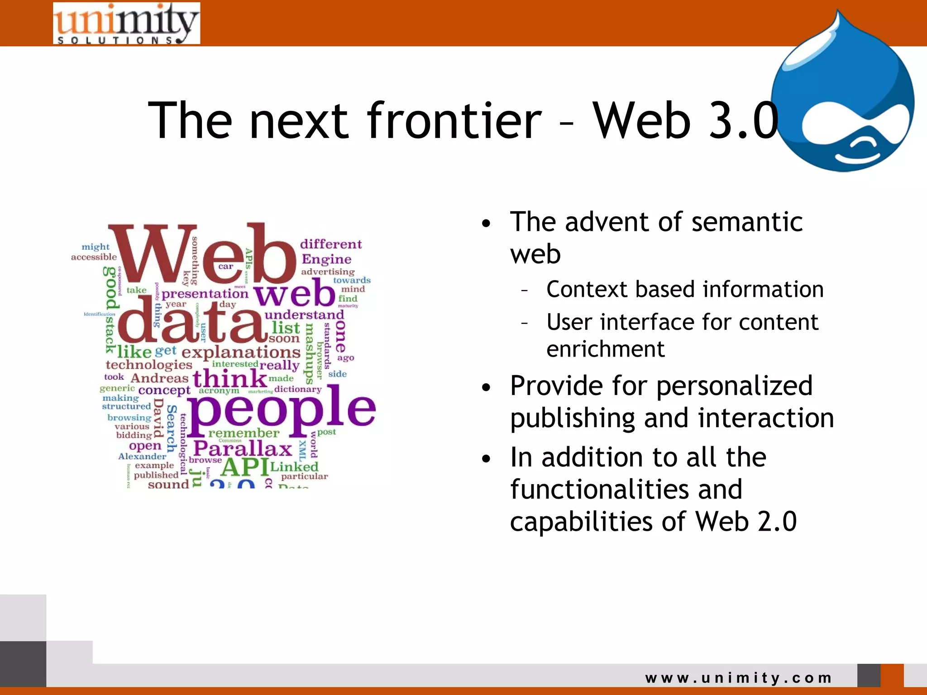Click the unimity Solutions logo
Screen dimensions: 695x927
[126, 24]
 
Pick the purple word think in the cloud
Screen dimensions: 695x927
[230, 378]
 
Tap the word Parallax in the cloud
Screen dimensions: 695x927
[243, 449]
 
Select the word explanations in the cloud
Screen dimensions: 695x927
[241, 352]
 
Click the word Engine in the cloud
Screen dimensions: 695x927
[326, 259]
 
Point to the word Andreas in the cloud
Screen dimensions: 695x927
[159, 378]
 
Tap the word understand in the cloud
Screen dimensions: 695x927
[304, 314]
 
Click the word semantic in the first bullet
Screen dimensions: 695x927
[747, 223]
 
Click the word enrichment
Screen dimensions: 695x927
[605, 349]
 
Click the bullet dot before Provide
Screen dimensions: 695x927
[486, 388]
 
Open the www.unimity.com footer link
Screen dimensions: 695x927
[738, 678]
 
